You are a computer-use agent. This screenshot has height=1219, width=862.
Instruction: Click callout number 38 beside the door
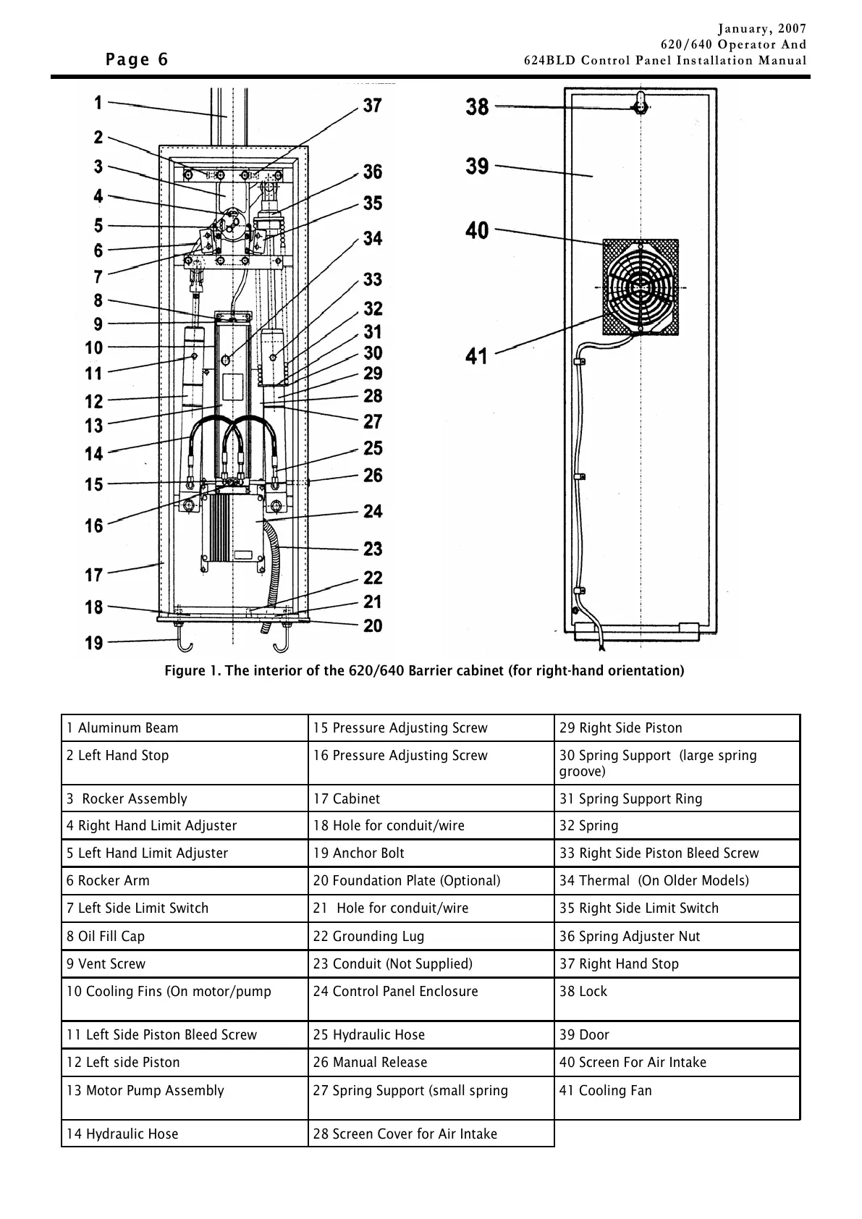click(477, 107)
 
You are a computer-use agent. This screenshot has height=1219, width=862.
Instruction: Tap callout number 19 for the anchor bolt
click(94, 642)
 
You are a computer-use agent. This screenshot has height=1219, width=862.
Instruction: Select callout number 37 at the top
click(372, 106)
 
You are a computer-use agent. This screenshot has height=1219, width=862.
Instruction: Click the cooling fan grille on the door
click(641, 287)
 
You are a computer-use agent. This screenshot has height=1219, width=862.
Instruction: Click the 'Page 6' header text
click(137, 59)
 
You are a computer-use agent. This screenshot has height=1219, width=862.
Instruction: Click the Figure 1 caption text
click(424, 670)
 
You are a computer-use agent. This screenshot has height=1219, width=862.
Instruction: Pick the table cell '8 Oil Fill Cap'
click(106, 936)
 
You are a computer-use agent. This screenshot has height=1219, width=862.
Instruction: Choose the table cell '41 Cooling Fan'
click(605, 1090)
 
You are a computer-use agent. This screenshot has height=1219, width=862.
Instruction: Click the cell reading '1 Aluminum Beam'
click(122, 727)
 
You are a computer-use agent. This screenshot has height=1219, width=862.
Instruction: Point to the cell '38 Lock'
click(583, 991)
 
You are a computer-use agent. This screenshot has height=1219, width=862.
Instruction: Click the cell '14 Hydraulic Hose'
click(122, 1134)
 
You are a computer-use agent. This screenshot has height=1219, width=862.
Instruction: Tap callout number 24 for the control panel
click(373, 511)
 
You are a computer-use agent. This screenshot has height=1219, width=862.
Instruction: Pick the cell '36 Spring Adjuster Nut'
click(630, 936)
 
